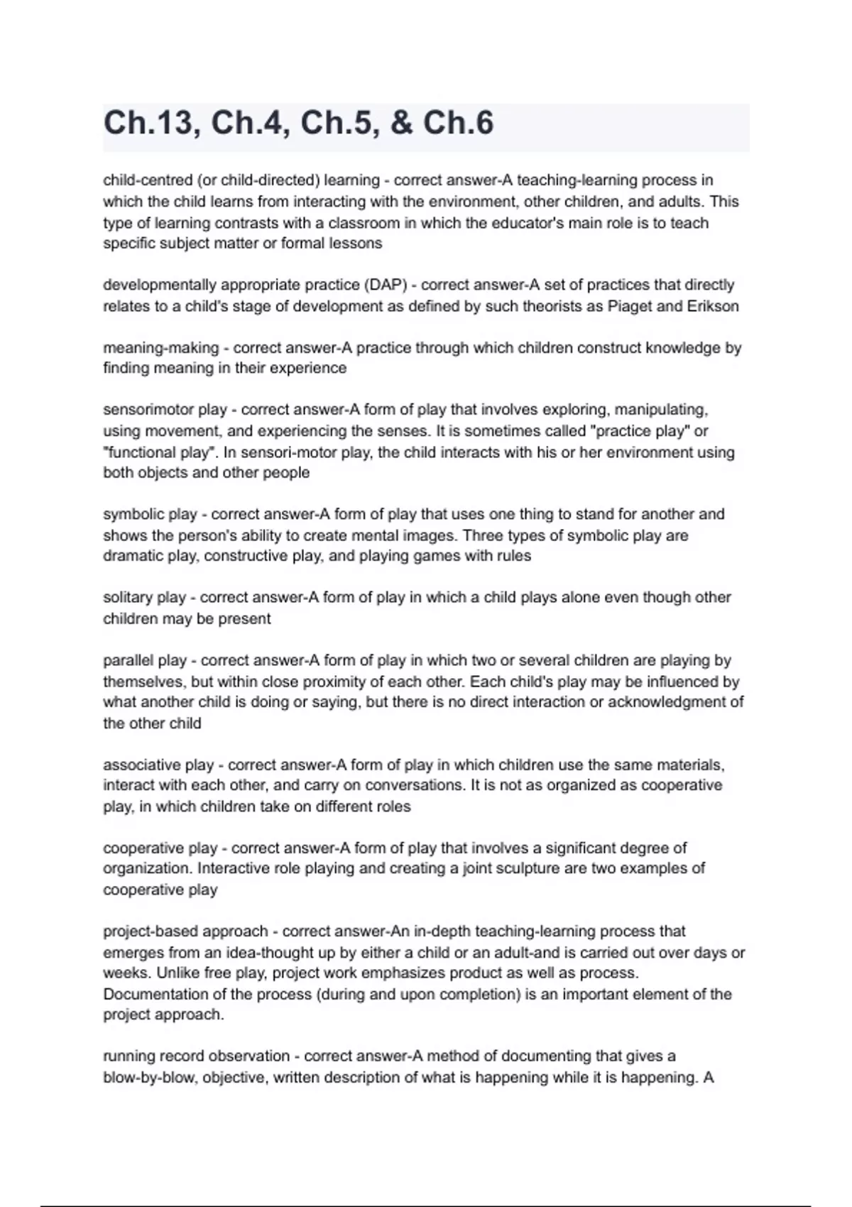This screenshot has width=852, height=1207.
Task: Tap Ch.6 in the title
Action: click(458, 124)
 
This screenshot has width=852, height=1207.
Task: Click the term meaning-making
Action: click(160, 348)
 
